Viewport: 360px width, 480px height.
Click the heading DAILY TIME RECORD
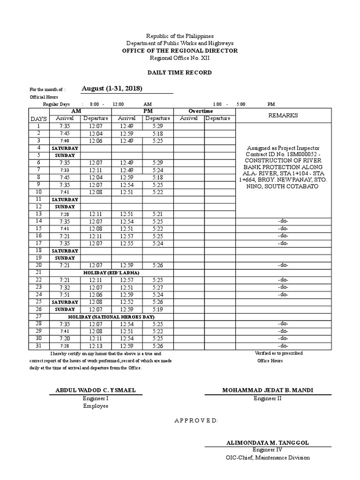point(180,73)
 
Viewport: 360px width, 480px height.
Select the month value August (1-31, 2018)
point(112,89)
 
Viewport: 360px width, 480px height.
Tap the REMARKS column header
point(283,115)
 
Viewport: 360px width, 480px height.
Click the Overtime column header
point(200,111)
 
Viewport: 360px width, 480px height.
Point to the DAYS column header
point(38,119)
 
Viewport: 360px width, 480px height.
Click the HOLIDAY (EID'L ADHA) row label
point(111,272)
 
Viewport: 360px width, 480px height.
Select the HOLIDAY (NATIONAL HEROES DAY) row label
point(111,316)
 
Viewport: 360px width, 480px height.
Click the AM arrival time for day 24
point(65,294)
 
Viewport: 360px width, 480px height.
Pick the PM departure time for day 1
point(157,126)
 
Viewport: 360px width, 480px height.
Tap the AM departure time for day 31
point(96,346)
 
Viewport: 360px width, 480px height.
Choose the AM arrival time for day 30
point(65,338)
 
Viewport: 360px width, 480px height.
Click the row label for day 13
point(38,214)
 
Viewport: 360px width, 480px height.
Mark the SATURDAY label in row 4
point(65,148)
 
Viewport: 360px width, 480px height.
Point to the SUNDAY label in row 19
point(65,258)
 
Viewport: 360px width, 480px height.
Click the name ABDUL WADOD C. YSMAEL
point(96,390)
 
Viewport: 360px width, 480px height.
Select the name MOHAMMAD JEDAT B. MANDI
point(268,390)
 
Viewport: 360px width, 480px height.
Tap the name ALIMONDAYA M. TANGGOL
point(268,442)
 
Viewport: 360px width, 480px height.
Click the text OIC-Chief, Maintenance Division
point(268,457)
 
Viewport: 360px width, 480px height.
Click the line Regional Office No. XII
point(180,58)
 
